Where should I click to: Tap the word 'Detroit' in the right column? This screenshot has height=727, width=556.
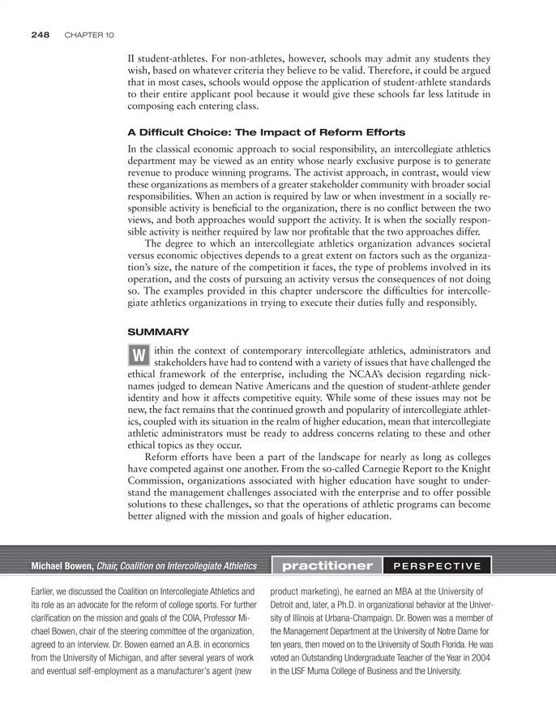pyautogui.click(x=285, y=604)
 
